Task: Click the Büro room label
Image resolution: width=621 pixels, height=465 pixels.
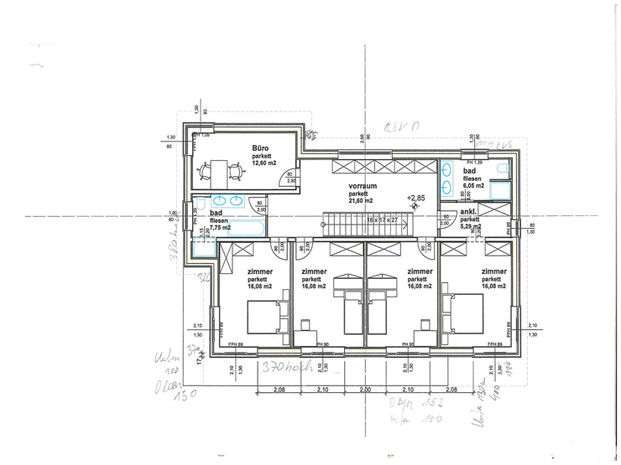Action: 260,147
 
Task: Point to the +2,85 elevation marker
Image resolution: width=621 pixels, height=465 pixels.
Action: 416,199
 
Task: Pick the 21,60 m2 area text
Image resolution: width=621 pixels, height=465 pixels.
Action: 361,201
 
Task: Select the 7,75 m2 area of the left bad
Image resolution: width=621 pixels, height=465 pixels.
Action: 219,227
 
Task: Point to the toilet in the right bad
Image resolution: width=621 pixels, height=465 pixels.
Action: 503,171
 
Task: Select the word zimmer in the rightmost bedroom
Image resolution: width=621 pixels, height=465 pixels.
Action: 494,271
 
